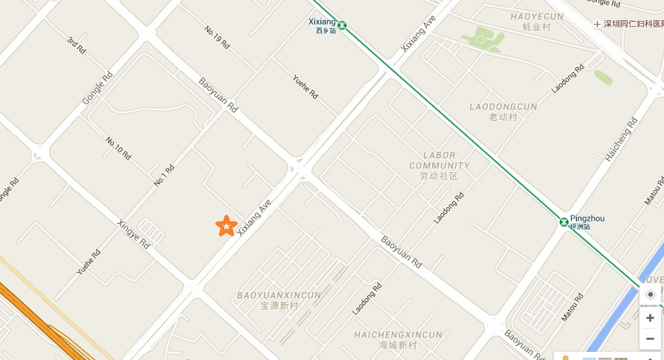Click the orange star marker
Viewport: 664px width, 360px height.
226,225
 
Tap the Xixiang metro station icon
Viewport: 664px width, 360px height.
342,25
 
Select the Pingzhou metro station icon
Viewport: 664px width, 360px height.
564,221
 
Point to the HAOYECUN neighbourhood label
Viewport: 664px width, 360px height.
537,16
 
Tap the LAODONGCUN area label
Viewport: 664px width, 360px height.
503,107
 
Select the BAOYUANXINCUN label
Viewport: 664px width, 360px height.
279,295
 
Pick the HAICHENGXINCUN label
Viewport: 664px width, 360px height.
397,335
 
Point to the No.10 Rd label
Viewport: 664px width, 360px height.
118,148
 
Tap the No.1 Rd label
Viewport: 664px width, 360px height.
164,175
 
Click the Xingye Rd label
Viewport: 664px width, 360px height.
134,233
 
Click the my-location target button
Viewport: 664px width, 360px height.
651,294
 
